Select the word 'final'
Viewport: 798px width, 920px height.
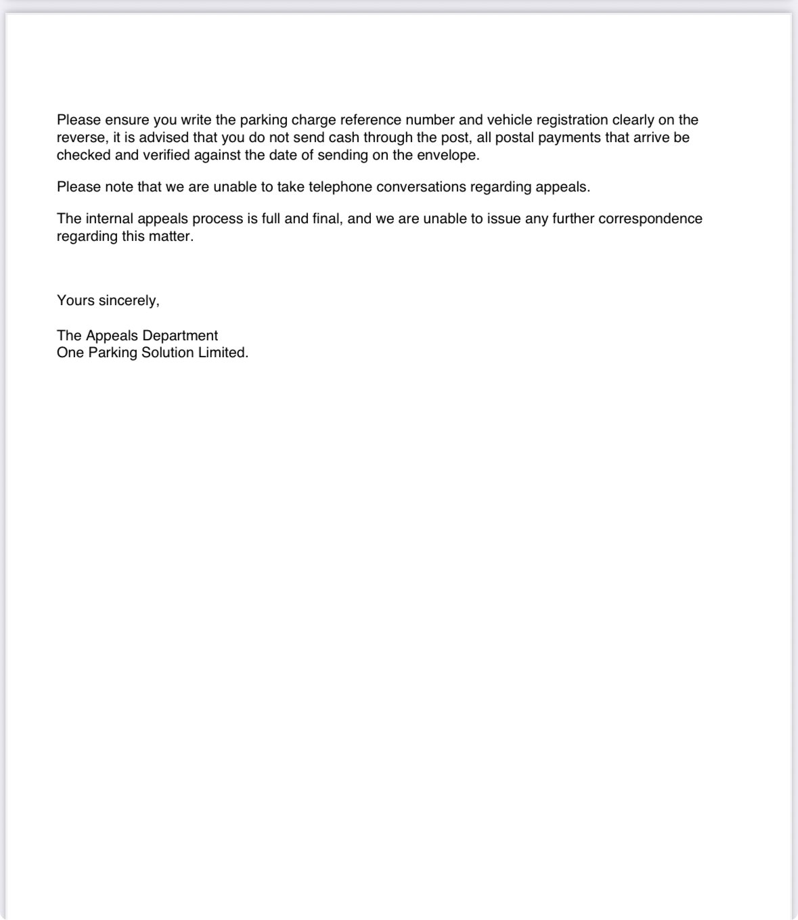click(x=326, y=218)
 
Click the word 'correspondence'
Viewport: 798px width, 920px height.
click(x=652, y=218)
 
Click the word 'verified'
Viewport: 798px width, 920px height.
click(x=167, y=155)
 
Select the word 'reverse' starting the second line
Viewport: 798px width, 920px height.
click(x=81, y=137)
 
